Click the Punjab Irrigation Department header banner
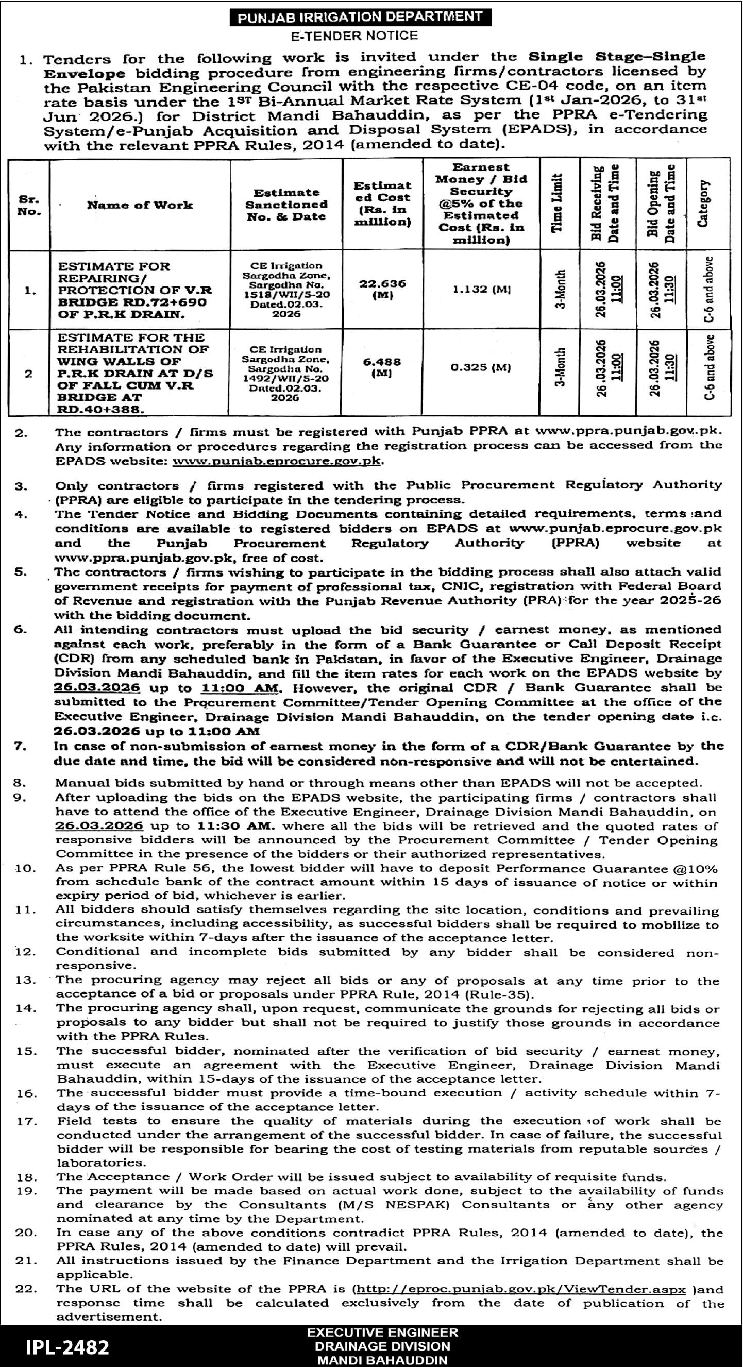359,18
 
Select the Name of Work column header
140,206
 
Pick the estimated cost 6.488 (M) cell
382,367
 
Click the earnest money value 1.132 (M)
480,289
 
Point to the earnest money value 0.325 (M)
480,367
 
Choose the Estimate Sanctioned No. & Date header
286,205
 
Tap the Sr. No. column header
29,206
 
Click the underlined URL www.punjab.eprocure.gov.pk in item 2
277,461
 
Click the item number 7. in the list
20,747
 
